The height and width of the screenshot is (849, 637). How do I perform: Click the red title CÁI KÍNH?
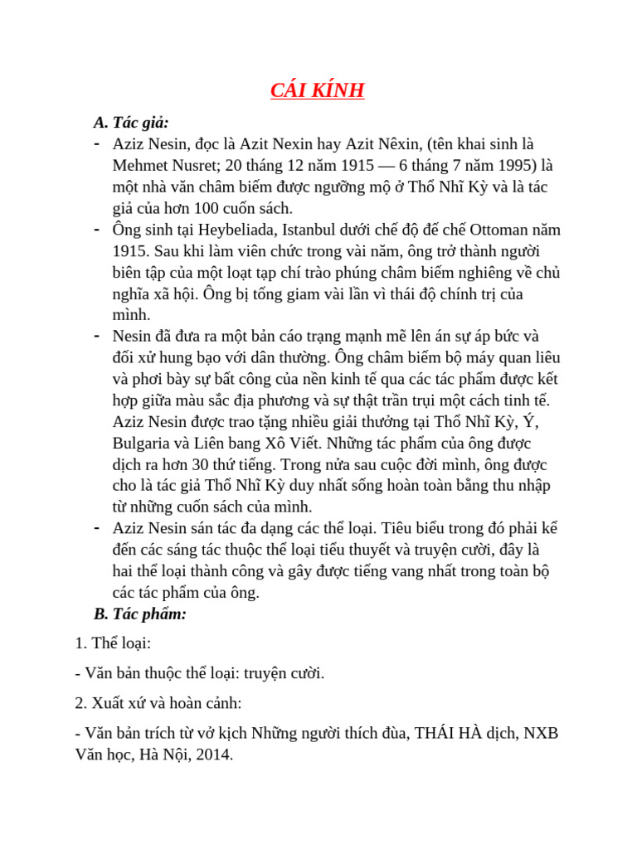click(318, 90)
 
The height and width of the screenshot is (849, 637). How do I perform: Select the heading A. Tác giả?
click(131, 123)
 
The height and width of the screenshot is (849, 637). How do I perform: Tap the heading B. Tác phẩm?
click(140, 614)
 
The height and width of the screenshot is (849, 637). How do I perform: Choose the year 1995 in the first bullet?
click(496, 165)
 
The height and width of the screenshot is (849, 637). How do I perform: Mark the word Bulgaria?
click(148, 444)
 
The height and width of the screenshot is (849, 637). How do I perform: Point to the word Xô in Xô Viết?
click(315, 444)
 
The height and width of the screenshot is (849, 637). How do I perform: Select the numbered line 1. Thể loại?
click(113, 643)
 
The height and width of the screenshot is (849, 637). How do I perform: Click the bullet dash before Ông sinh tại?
click(97, 229)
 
